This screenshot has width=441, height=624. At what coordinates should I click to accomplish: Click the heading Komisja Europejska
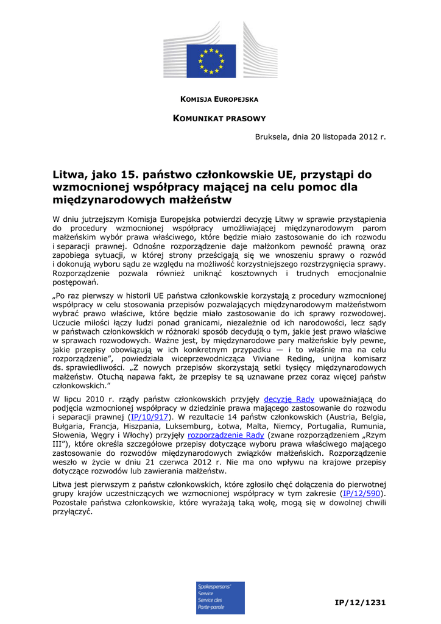(x=220, y=99)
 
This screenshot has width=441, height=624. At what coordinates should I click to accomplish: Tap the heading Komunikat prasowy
(x=220, y=118)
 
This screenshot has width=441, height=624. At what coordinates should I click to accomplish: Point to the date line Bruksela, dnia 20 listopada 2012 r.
(x=320, y=137)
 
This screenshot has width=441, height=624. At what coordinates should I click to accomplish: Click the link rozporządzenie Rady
(x=226, y=436)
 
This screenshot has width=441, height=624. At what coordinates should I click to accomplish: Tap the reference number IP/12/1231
(x=361, y=603)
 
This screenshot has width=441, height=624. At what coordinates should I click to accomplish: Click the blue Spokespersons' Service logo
(x=220, y=597)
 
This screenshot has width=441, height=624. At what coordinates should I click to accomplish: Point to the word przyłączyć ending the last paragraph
(x=72, y=512)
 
